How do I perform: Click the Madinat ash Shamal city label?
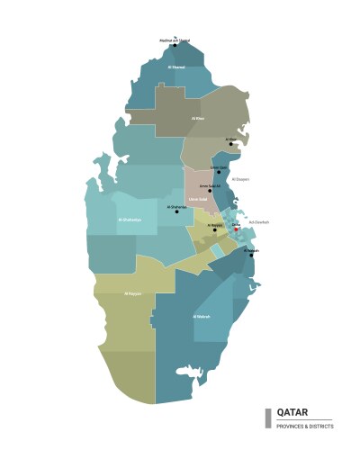coord(175,40)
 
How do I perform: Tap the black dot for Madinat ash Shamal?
coord(175,45)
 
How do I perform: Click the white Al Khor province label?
coord(198,118)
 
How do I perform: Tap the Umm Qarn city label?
coord(218,166)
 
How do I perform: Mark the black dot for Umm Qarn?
coord(218,172)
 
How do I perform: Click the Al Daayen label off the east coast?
coord(240,179)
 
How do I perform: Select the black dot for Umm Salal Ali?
coord(210,190)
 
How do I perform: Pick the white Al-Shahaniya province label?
coord(130,219)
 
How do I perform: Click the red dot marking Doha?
coord(236,229)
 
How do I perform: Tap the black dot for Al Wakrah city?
coord(251,255)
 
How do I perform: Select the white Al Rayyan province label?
coord(132,292)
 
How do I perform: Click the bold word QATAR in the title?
coord(292,412)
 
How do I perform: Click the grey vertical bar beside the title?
coord(267,418)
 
